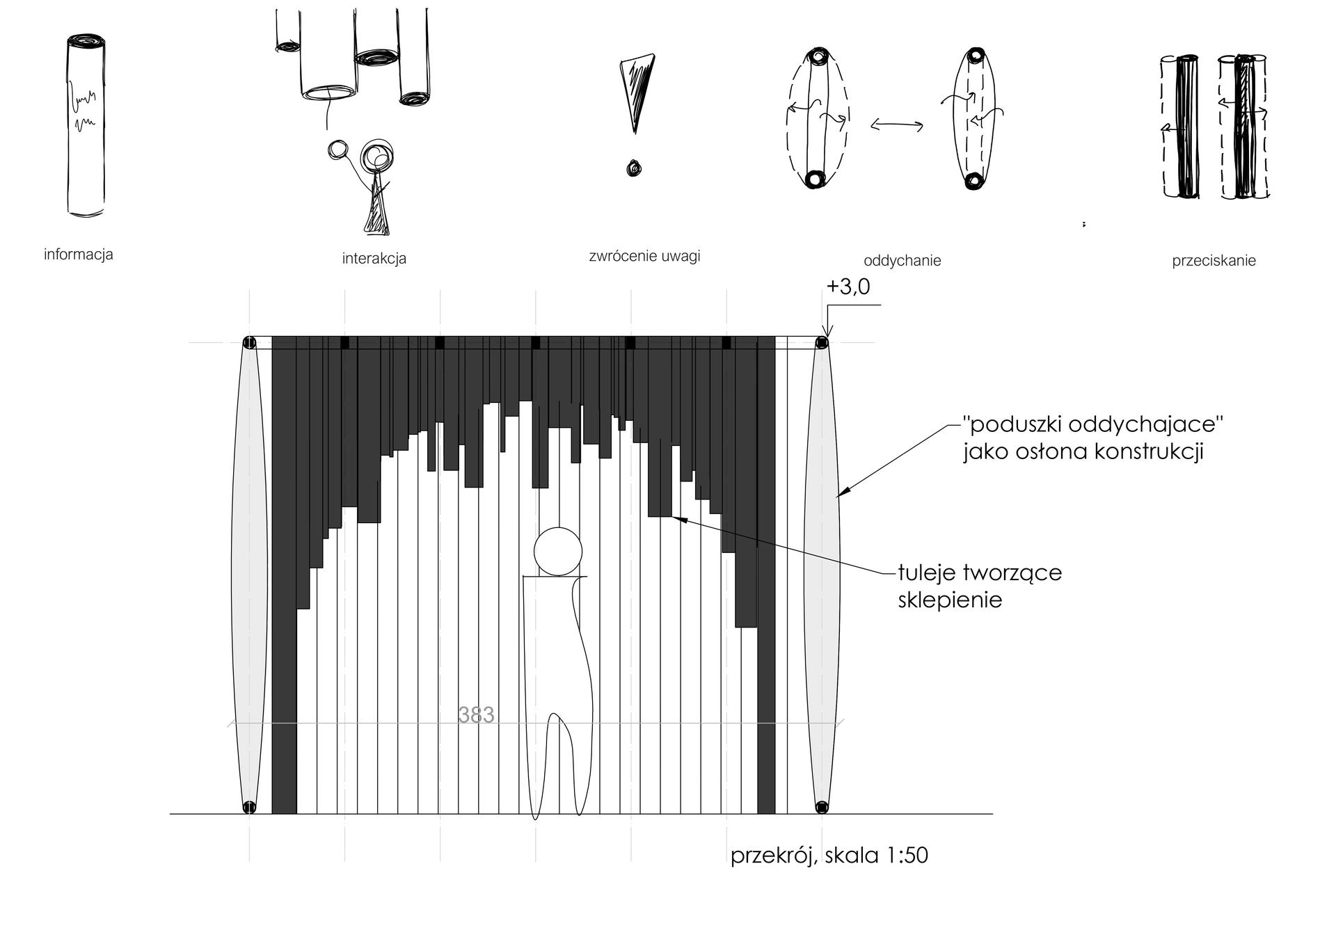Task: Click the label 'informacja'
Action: [78, 255]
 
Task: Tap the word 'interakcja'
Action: [374, 259]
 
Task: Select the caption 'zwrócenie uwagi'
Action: [644, 256]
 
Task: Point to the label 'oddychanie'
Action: [902, 261]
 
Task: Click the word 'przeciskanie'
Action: [1214, 261]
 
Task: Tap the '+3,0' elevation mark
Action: [848, 287]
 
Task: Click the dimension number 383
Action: [476, 715]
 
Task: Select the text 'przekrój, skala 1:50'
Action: [829, 855]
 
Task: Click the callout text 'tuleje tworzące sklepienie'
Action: [979, 586]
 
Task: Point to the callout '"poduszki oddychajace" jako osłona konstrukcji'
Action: [1092, 438]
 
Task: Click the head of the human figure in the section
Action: [557, 552]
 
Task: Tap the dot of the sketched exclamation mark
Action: [633, 168]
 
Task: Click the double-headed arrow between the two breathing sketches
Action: [897, 126]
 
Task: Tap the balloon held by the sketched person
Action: [338, 150]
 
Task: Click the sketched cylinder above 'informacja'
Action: [86, 126]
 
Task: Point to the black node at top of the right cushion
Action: [822, 342]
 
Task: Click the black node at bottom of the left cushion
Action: [249, 807]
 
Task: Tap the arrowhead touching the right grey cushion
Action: [840, 495]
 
